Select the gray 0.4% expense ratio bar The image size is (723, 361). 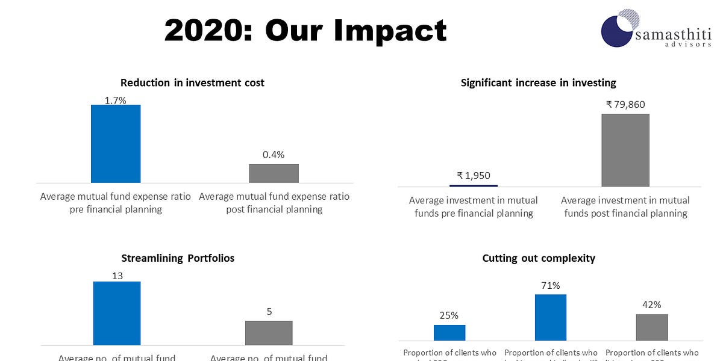274,173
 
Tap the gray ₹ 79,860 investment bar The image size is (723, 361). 625,150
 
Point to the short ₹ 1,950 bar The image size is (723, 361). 474,185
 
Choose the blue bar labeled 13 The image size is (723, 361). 117,313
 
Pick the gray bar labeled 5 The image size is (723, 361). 269,333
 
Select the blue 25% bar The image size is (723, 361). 449,333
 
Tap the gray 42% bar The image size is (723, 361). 652,327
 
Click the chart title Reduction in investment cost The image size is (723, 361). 192,83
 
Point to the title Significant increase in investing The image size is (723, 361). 538,83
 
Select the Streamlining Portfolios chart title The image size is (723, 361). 178,258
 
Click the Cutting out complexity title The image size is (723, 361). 539,258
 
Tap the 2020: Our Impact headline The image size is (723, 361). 305,30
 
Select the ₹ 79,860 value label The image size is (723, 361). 625,105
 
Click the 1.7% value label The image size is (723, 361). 116,100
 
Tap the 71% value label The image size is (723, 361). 551,286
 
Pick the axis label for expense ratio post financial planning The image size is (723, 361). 274,203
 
